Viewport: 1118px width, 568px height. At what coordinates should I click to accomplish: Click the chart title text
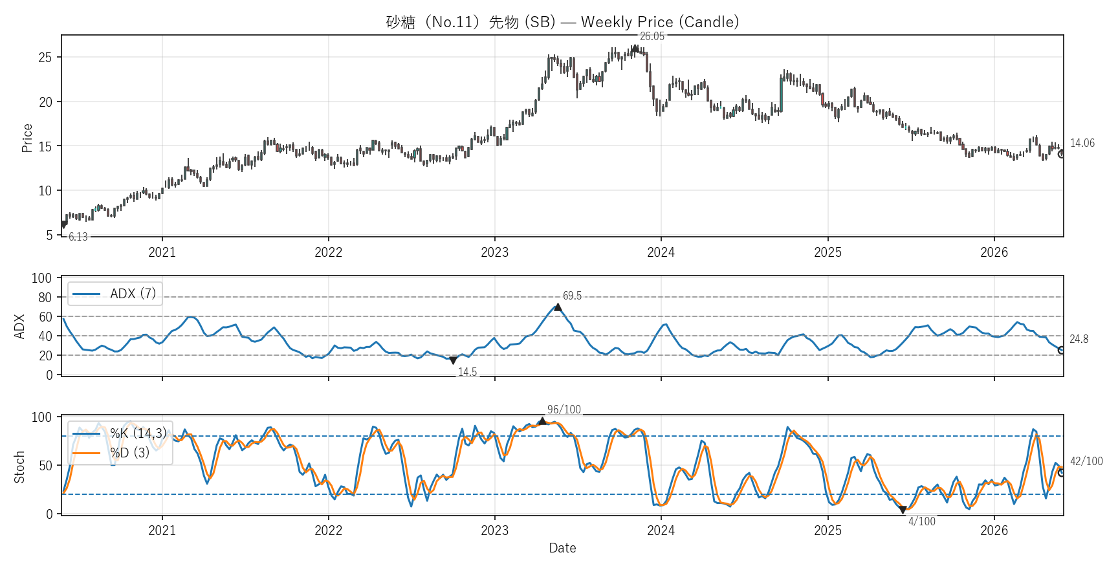pyautogui.click(x=562, y=22)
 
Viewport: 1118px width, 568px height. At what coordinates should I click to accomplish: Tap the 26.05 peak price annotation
pyautogui.click(x=652, y=36)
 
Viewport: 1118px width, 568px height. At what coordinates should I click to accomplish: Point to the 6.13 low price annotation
pyautogui.click(x=78, y=237)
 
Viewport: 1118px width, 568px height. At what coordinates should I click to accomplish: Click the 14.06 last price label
pyautogui.click(x=1082, y=143)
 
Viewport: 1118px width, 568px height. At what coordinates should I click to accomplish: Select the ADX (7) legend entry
pyautogui.click(x=115, y=294)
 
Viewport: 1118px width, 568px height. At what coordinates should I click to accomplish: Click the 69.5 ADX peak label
pyautogui.click(x=572, y=296)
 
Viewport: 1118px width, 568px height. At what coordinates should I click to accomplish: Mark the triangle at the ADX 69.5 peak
pyautogui.click(x=558, y=307)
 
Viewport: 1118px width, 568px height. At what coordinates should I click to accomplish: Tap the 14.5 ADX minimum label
pyautogui.click(x=467, y=372)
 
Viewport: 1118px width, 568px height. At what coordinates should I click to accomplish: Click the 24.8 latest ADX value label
pyautogui.click(x=1079, y=339)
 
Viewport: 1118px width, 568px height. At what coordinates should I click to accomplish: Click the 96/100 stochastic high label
pyautogui.click(x=564, y=410)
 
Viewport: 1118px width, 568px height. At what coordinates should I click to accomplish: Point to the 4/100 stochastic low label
pyautogui.click(x=922, y=521)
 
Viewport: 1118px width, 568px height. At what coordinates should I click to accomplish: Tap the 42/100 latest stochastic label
pyautogui.click(x=1086, y=461)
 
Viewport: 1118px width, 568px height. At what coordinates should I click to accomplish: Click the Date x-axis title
pyautogui.click(x=562, y=548)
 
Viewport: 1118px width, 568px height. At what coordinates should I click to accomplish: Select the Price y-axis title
pyautogui.click(x=27, y=138)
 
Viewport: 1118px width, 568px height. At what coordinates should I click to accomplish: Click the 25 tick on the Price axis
pyautogui.click(x=45, y=58)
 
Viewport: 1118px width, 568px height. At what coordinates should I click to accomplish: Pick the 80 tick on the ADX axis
pyautogui.click(x=45, y=298)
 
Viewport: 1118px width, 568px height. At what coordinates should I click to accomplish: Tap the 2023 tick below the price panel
pyautogui.click(x=494, y=252)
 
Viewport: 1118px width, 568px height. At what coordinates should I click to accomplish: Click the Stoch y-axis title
pyautogui.click(x=19, y=466)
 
